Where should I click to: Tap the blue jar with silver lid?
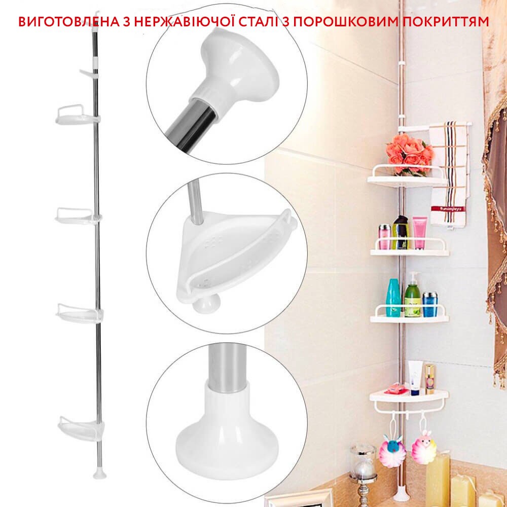click(x=430, y=305)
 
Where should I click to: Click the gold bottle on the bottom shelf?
click(x=429, y=379)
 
